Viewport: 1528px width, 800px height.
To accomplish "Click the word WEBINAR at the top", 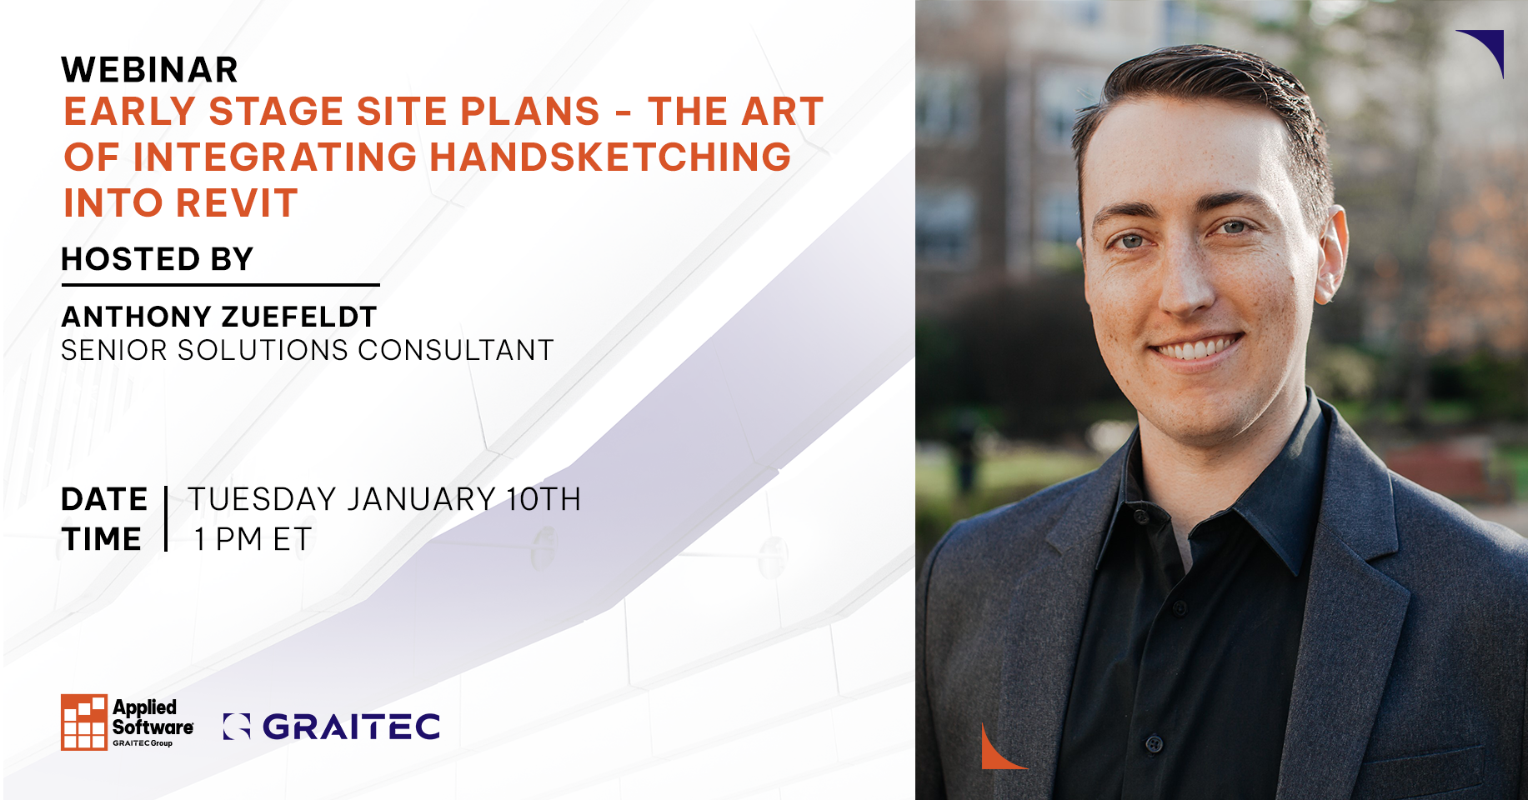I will tap(150, 70).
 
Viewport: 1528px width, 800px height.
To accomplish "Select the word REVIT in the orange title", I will tap(238, 203).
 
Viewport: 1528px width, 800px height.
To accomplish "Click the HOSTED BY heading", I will tap(157, 259).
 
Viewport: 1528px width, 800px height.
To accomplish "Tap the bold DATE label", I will tap(104, 499).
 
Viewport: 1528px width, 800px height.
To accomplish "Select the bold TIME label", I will tap(102, 539).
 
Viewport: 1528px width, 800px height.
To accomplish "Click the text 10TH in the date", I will tap(544, 499).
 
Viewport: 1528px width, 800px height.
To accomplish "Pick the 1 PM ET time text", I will tap(253, 539).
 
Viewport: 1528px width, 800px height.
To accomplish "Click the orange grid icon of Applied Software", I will tap(84, 722).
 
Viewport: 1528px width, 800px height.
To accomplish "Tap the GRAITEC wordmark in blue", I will tap(351, 727).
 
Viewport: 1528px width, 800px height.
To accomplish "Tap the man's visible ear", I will tap(1331, 250).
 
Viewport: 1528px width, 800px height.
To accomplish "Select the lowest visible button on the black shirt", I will tap(1155, 742).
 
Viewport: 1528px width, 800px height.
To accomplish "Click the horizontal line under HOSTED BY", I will tap(220, 285).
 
